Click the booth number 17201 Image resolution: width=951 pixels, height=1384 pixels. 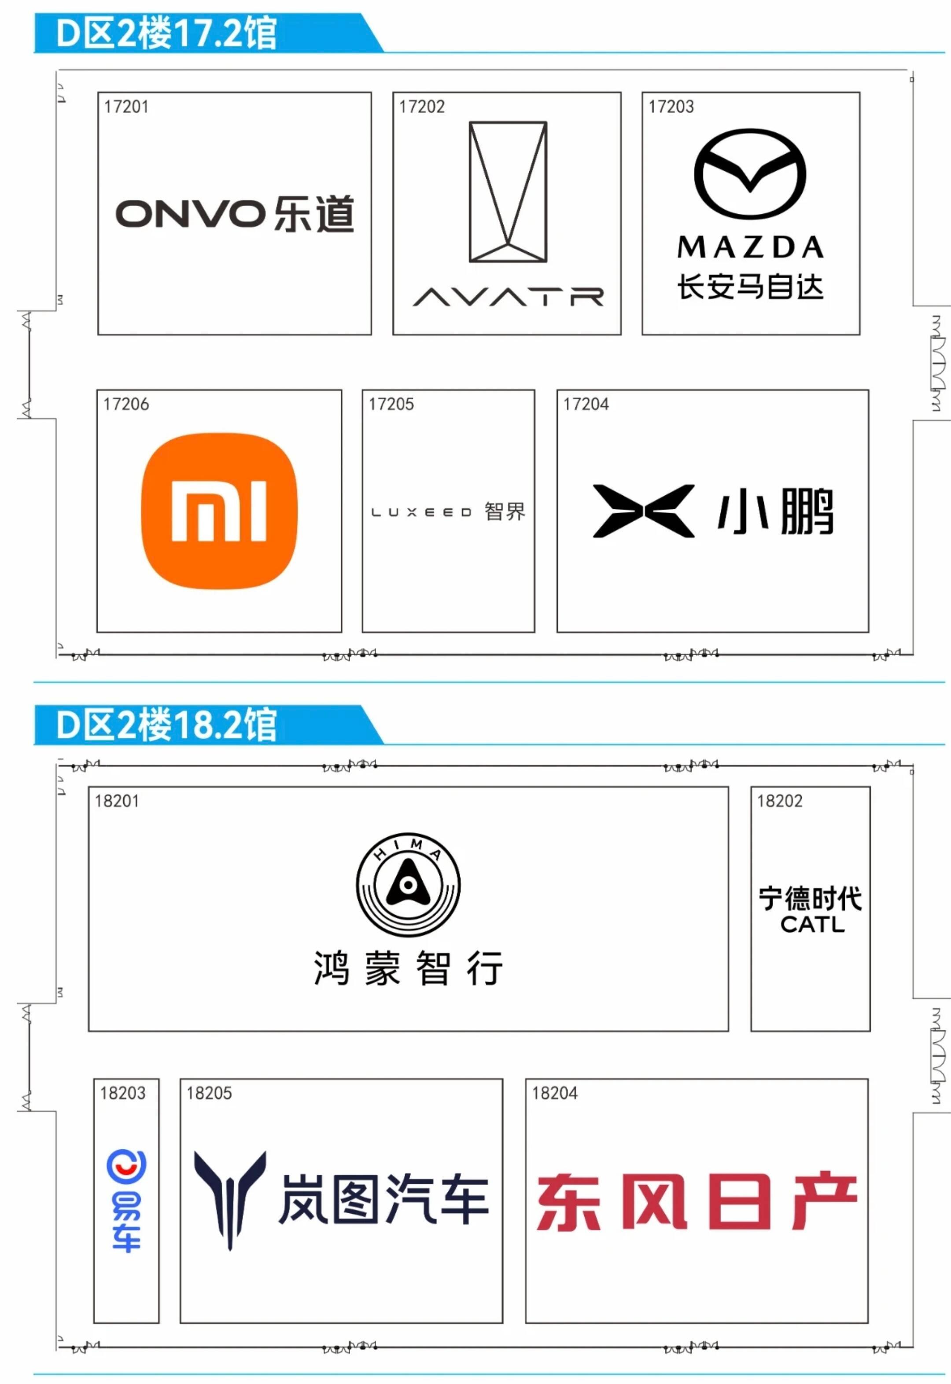tap(126, 107)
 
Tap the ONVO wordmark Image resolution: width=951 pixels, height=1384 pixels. tap(190, 214)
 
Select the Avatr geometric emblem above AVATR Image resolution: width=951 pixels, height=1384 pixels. tap(508, 192)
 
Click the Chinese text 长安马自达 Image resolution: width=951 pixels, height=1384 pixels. tap(750, 287)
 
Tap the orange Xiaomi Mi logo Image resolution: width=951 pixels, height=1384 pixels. tap(219, 511)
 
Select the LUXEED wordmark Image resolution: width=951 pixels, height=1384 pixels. tap(421, 512)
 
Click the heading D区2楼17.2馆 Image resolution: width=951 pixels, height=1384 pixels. tap(166, 33)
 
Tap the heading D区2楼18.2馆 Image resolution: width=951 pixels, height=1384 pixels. tap(166, 725)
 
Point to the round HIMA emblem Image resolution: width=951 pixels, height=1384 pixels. tap(408, 885)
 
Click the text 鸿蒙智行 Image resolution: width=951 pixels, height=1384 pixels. tap(408, 969)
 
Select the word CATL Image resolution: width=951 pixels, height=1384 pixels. tap(812, 925)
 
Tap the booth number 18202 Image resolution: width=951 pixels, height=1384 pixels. tap(779, 801)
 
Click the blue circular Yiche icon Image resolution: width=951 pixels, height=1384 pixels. tap(126, 1166)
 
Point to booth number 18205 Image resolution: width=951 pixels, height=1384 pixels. tap(209, 1093)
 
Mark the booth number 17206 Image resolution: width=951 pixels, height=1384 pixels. tap(126, 405)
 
